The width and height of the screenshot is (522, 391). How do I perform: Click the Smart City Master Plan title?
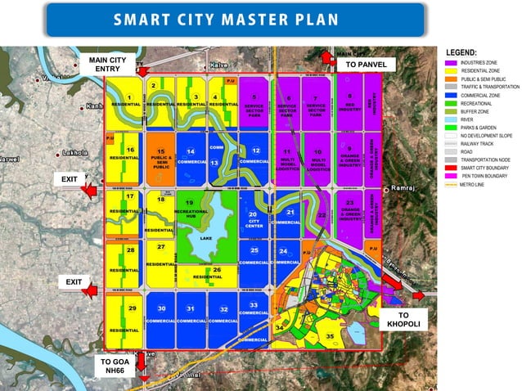(234, 19)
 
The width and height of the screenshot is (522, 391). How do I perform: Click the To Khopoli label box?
(403, 319)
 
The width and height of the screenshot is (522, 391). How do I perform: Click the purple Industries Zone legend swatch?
(450, 62)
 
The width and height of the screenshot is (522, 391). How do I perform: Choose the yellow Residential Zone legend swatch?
(450, 70)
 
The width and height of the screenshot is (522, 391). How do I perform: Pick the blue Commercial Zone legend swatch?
(450, 95)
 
